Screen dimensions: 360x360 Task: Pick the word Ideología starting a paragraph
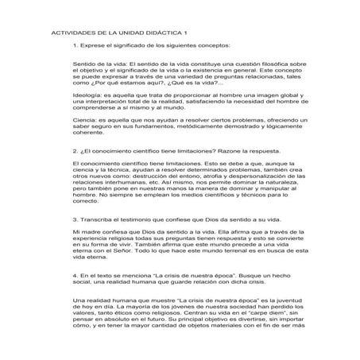(x=88, y=95)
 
